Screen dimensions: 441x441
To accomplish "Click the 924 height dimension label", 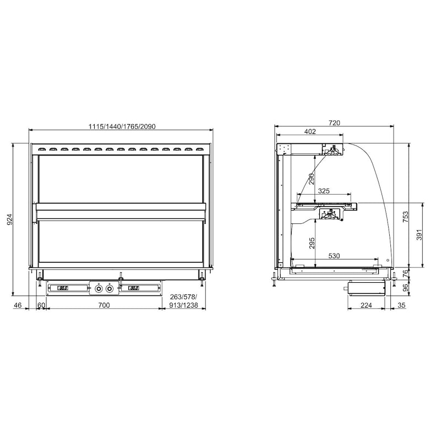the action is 9,219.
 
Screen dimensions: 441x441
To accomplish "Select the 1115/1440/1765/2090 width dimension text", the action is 122,127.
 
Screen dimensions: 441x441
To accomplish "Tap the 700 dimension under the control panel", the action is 104,305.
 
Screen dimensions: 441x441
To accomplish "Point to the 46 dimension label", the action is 18,305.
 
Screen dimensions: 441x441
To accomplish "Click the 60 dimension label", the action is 41,305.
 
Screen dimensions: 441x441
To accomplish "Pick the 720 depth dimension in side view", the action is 334,123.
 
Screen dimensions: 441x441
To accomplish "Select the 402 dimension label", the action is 310,131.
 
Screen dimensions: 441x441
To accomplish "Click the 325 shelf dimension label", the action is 324,191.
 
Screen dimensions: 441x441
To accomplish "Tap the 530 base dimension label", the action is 334,256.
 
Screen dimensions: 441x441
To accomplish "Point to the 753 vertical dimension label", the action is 405,217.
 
